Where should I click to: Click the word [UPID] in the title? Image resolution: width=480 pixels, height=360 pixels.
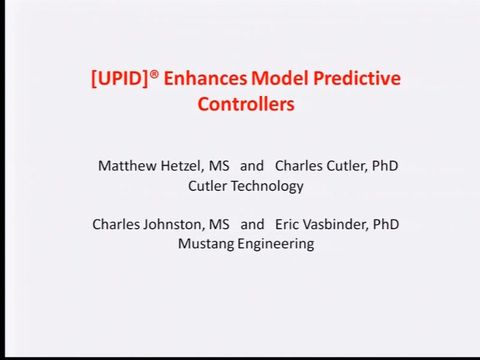click(x=119, y=79)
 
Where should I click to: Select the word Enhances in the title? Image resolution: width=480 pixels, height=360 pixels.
click(x=205, y=78)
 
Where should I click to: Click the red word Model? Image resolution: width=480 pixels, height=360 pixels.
click(x=279, y=78)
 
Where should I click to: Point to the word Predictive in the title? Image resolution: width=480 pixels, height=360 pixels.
click(x=356, y=78)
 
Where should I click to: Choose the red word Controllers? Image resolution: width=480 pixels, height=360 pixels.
click(x=246, y=104)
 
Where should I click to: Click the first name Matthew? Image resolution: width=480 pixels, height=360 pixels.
click(x=127, y=166)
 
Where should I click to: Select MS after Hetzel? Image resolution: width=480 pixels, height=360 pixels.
click(x=218, y=166)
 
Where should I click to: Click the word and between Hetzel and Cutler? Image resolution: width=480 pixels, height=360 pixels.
click(x=252, y=166)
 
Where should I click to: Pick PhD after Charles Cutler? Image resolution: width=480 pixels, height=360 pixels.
click(x=385, y=166)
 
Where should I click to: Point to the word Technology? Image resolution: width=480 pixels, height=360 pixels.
click(x=267, y=186)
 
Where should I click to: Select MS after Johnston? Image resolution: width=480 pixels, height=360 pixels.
click(x=219, y=224)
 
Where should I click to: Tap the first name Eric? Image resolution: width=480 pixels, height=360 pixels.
click(x=286, y=224)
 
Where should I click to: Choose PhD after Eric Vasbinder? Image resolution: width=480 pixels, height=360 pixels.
click(x=386, y=224)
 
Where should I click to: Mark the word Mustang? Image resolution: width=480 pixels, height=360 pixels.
click(x=206, y=244)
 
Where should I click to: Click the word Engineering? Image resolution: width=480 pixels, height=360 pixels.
click(x=276, y=244)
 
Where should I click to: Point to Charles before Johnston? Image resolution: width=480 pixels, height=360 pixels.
click(x=116, y=224)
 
